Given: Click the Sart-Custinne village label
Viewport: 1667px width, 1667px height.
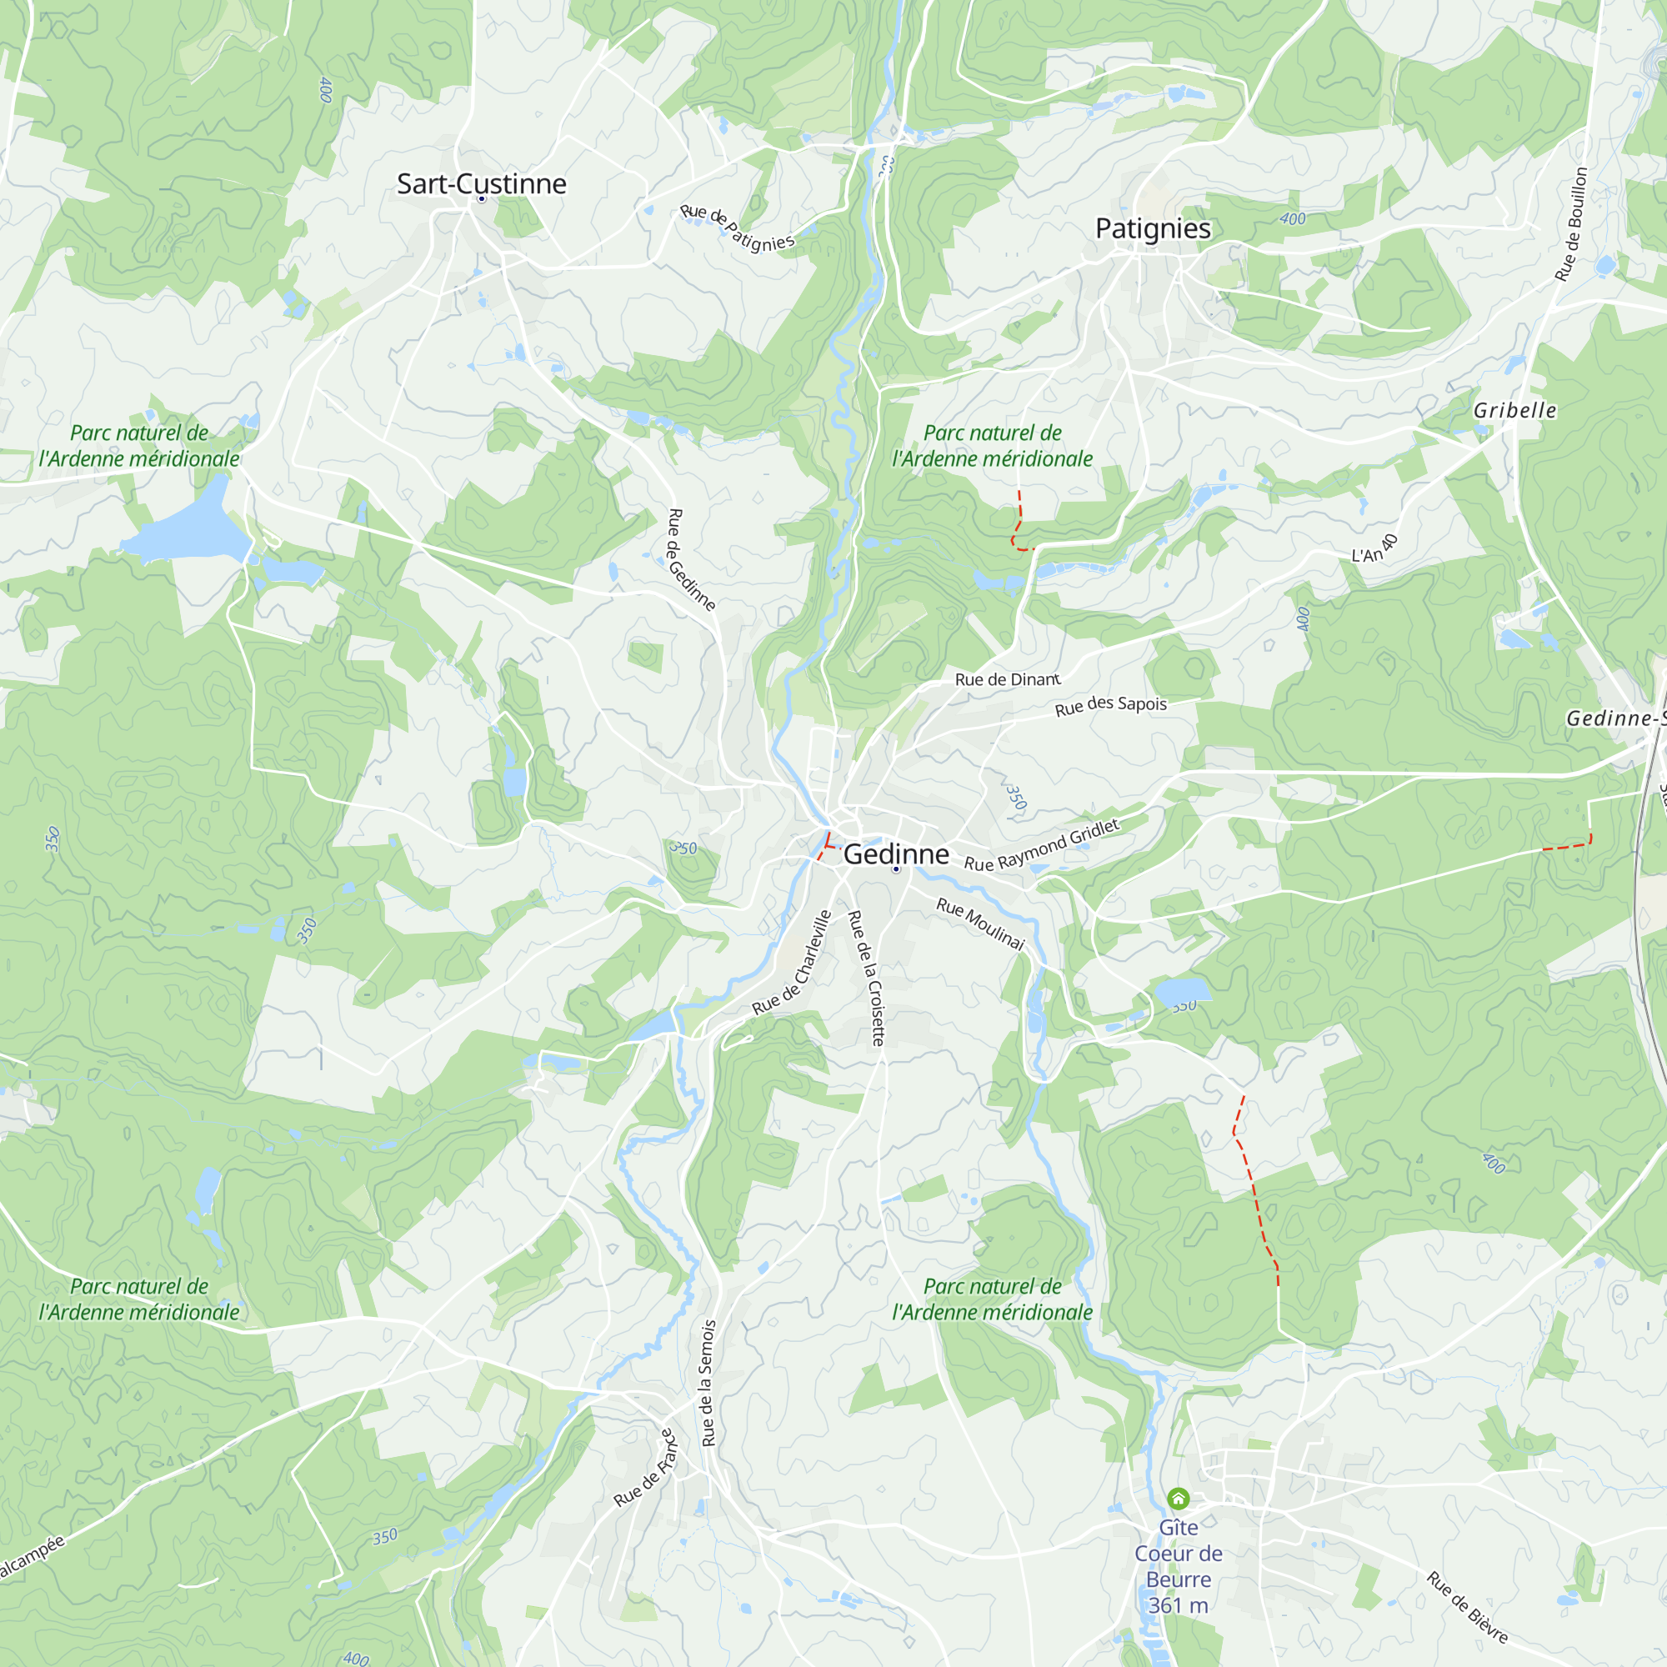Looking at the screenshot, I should tap(482, 183).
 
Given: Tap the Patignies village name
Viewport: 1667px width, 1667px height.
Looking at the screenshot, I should tap(1153, 228).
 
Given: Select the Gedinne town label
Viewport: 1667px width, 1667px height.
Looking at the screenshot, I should tap(896, 854).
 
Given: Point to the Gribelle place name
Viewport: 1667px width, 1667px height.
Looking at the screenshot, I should tap(1514, 410).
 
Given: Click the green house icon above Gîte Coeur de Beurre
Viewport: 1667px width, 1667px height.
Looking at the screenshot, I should tap(1178, 1498).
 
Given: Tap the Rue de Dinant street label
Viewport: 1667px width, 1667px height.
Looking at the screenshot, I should tap(1007, 679).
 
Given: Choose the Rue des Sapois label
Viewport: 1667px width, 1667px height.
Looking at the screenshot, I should tap(1110, 705).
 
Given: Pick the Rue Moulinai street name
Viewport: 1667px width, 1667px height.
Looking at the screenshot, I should tap(980, 924).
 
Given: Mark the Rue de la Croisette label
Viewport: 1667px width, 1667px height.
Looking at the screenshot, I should tap(866, 978).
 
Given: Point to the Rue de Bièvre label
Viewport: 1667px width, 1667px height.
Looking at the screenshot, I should tap(1467, 1607).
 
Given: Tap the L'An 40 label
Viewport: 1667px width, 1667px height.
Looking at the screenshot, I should tap(1374, 548).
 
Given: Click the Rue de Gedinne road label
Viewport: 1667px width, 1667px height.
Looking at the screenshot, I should tap(691, 559).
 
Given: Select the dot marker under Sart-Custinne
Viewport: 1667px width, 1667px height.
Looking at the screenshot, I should tap(482, 199).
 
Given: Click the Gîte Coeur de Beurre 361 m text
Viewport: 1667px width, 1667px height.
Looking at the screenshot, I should tap(1178, 1565).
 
